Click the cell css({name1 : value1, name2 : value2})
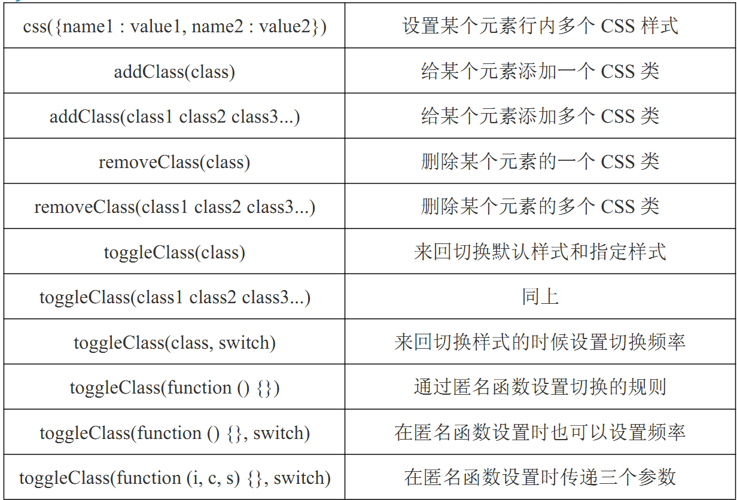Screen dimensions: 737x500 coord(175,26)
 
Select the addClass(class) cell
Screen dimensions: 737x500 coord(175,71)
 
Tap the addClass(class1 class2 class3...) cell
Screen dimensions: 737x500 coord(175,116)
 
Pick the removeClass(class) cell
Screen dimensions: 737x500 coord(175,161)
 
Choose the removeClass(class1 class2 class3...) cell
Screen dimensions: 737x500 coord(175,206)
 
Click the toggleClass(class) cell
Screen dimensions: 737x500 coord(175,251)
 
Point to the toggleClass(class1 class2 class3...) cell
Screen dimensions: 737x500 coord(175,297)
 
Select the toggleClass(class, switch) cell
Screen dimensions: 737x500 coord(175,342)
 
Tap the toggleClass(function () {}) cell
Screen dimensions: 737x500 coord(175,387)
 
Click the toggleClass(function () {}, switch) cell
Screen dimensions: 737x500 coord(175,432)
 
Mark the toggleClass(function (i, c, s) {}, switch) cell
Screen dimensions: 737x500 coord(175,477)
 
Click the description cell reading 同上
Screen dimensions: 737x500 coord(540,297)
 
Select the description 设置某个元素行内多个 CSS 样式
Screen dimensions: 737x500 coord(540,26)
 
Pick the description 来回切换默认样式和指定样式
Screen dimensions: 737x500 coord(540,251)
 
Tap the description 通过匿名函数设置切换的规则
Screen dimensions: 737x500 coord(540,387)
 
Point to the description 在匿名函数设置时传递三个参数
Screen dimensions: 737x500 coord(540,477)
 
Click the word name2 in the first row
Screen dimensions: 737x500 coord(218,26)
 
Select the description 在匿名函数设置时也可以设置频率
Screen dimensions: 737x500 coord(540,432)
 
